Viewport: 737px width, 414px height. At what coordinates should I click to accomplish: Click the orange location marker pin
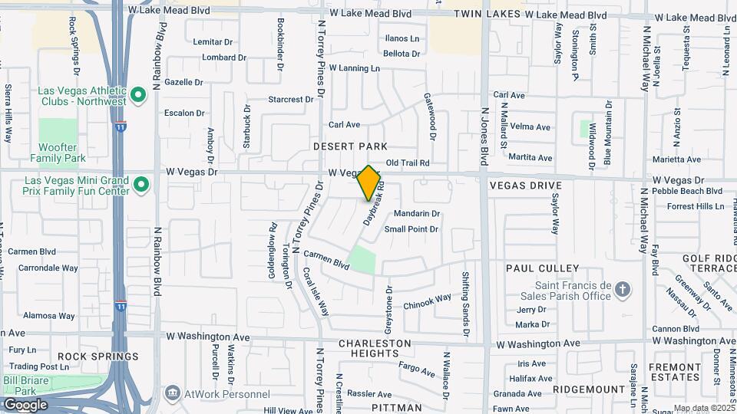(369, 183)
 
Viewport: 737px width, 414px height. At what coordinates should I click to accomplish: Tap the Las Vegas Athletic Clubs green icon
(138, 96)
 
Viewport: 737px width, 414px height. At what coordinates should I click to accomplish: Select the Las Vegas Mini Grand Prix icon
(141, 184)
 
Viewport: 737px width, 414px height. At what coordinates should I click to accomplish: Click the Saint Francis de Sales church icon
(623, 290)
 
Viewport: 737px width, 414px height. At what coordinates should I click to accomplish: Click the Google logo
(25, 404)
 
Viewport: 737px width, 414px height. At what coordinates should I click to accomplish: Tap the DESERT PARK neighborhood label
(349, 146)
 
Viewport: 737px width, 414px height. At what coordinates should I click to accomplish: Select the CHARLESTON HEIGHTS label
(375, 348)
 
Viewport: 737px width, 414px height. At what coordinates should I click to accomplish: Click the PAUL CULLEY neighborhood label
(542, 268)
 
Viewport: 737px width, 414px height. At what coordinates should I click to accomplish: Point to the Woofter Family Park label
(58, 152)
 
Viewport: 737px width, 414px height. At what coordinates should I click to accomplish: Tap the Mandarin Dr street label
(416, 214)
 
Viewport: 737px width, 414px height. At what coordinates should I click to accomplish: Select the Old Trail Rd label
(407, 163)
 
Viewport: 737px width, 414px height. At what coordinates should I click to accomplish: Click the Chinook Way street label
(427, 301)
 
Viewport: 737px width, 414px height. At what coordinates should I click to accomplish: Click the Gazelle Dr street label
(183, 82)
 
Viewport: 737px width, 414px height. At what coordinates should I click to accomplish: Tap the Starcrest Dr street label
(291, 100)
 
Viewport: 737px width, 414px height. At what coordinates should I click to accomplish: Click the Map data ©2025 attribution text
(702, 408)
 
